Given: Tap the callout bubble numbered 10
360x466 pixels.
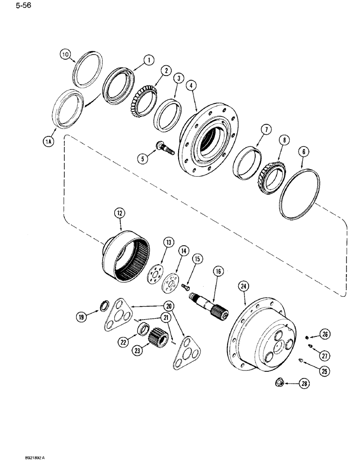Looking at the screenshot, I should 66,55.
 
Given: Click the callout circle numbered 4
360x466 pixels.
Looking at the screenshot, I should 192,85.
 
